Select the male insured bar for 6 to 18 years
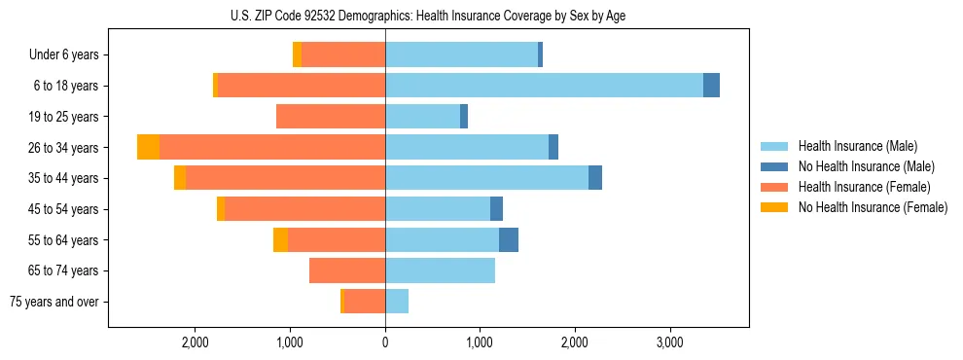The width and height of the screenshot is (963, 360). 544,86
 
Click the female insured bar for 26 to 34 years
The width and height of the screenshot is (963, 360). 272,147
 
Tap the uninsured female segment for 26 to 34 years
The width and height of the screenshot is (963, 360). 148,147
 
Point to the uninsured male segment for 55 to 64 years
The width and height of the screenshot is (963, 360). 508,240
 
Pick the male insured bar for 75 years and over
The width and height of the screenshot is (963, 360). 397,302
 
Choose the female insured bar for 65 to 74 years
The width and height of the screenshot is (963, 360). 347,270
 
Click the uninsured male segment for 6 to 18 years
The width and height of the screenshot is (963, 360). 711,86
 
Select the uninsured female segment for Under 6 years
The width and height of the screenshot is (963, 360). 297,54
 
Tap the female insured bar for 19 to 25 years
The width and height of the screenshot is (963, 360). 331,117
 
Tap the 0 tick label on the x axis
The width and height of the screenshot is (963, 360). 385,342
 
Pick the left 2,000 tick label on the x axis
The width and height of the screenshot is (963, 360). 196,342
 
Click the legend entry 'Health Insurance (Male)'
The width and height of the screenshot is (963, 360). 857,146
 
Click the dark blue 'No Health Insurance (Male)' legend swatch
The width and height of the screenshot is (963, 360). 774,166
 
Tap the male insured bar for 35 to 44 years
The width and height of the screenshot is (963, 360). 486,178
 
